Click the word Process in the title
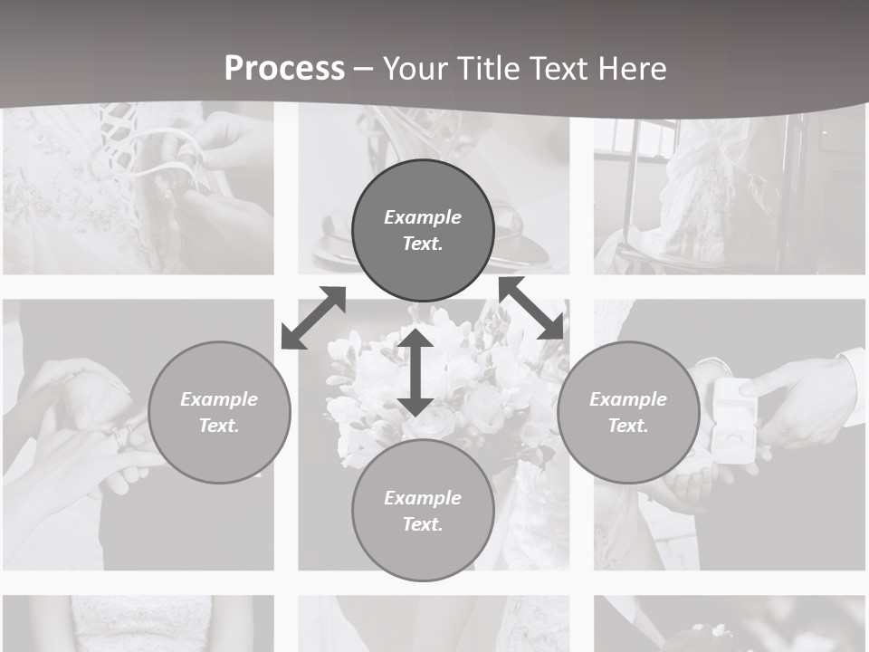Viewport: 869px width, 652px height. click(x=284, y=69)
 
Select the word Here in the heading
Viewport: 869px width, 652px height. click(x=628, y=69)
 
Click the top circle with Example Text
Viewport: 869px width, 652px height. click(x=423, y=230)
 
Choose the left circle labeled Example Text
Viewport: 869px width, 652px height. click(x=219, y=412)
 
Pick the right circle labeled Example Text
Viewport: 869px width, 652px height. click(x=628, y=412)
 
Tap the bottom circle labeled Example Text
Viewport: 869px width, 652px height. click(x=423, y=511)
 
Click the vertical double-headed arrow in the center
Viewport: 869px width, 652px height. click(x=415, y=372)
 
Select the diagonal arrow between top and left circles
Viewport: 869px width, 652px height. click(x=313, y=318)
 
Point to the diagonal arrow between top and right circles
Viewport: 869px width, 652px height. click(x=531, y=308)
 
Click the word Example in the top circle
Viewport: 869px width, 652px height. click(x=423, y=217)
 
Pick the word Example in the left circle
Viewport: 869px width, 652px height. click(x=219, y=399)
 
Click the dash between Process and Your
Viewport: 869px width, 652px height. click(x=364, y=69)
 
